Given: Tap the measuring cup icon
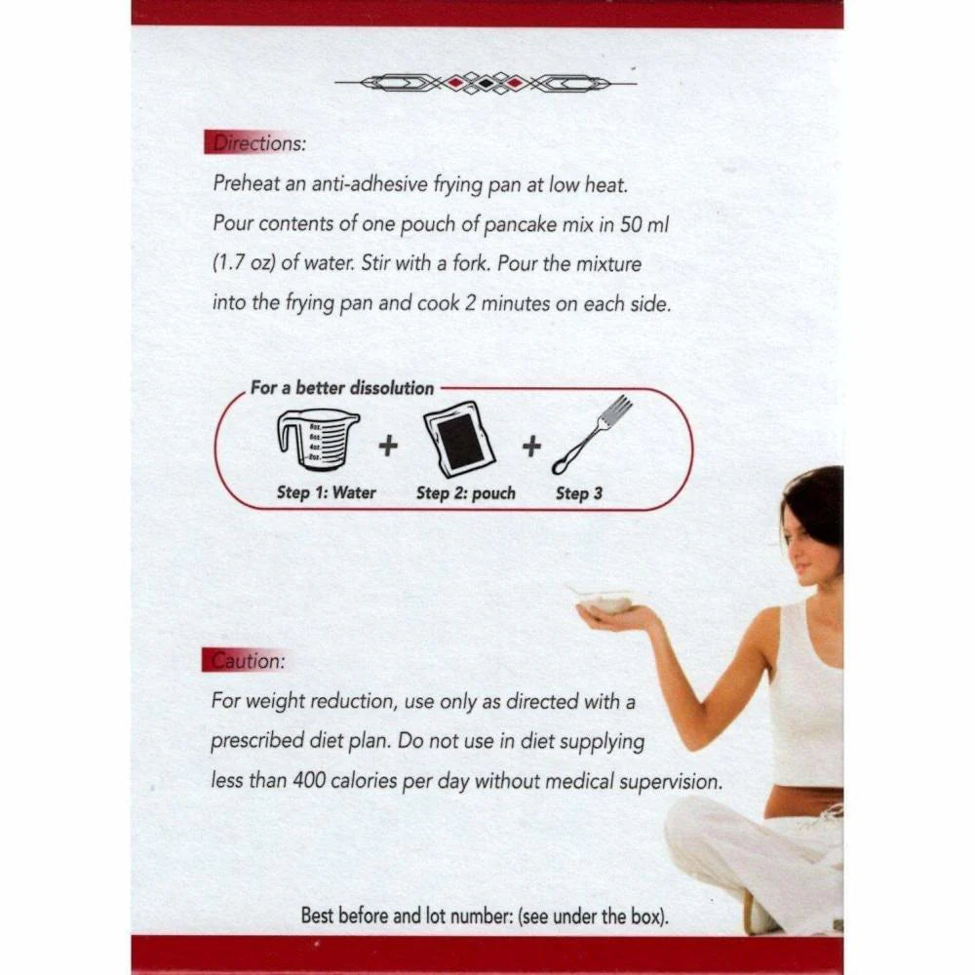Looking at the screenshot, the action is tap(317, 441).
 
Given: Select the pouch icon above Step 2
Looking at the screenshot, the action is tap(460, 439).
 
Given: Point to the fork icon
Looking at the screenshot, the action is tap(592, 435).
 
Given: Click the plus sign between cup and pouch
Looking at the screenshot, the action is tap(388, 446).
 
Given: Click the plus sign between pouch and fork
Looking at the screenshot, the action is tap(531, 446).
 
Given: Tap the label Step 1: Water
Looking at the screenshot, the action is tap(327, 492).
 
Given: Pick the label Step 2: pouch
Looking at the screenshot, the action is tap(466, 493).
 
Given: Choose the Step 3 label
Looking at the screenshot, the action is tap(579, 493).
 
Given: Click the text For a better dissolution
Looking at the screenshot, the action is tap(342, 388).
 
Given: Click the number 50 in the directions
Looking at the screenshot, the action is tap(630, 224).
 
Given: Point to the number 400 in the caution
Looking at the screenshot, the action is tap(309, 780).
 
